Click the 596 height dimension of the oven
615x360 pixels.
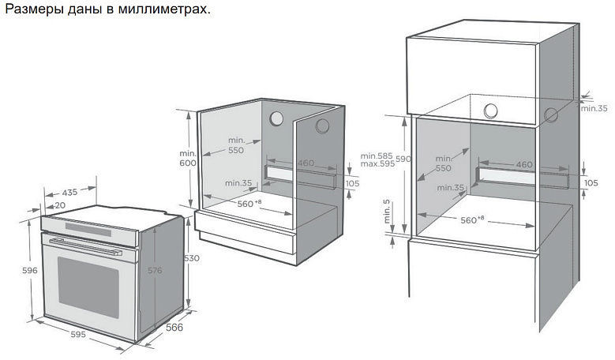click(30, 270)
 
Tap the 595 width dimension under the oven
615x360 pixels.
click(78, 334)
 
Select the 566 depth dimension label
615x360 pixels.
click(174, 327)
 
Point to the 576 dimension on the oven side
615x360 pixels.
click(155, 270)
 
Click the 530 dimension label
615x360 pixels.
click(192, 258)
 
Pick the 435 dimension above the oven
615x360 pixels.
click(69, 193)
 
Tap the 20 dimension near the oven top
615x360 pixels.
click(60, 205)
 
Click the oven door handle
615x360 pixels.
click(85, 246)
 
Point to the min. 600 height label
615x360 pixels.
click(188, 158)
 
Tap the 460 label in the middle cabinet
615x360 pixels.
click(306, 163)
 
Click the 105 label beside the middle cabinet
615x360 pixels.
click(352, 183)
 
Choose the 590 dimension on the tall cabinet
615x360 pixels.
click(403, 159)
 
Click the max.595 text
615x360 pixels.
click(377, 164)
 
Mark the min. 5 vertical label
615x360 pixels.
click(388, 212)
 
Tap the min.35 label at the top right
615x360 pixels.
click(594, 108)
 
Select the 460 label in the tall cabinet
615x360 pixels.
click(524, 164)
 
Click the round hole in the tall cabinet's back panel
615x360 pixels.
click(491, 111)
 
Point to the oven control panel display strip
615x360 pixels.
click(88, 229)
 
